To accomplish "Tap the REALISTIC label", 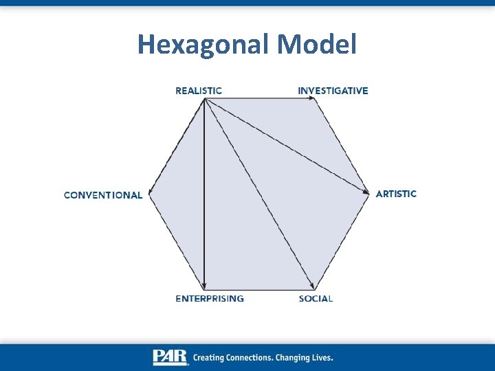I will tap(199, 91).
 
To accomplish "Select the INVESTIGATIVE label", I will tap(333, 91).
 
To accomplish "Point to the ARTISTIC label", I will tap(396, 194).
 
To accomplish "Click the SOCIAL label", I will tap(316, 299).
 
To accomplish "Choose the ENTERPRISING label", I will tap(210, 299).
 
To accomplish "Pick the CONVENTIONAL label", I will tap(103, 195).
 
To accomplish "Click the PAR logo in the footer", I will tap(170, 357).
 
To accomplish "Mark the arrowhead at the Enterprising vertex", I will tap(205, 285).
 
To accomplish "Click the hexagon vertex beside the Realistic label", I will tap(205, 99).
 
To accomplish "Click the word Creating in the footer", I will tap(208, 358).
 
